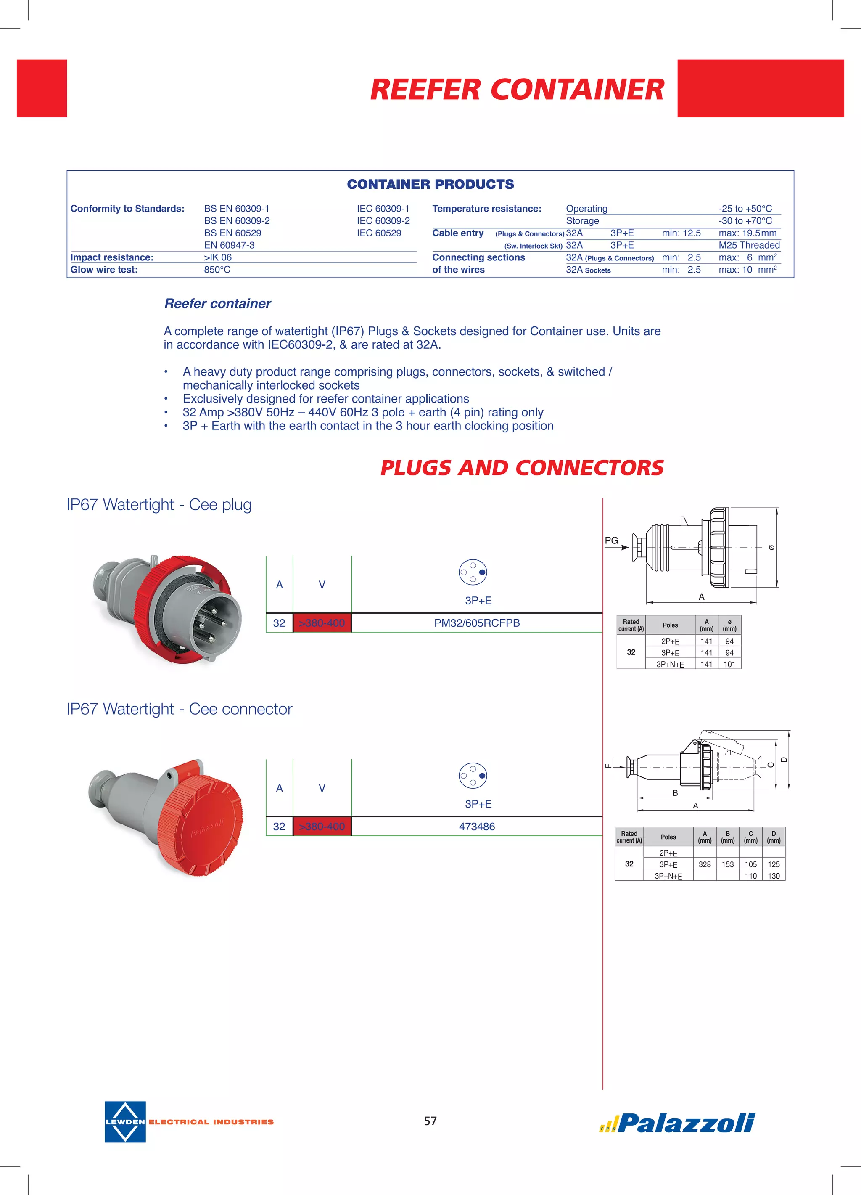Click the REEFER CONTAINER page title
[517, 90]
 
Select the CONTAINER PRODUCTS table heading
[430, 184]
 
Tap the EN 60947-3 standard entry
[229, 245]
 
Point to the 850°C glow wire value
[217, 270]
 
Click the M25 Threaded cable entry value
[749, 245]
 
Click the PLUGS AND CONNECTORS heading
[521, 468]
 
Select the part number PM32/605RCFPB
[477, 623]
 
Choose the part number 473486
[477, 826]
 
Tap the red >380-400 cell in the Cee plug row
[322, 623]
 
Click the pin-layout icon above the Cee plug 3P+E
[473, 572]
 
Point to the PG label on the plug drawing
[611, 540]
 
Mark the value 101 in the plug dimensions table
[729, 665]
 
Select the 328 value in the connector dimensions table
[705, 864]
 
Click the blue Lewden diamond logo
[125, 1122]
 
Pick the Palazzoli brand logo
[679, 1123]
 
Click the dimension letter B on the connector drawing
[675, 793]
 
